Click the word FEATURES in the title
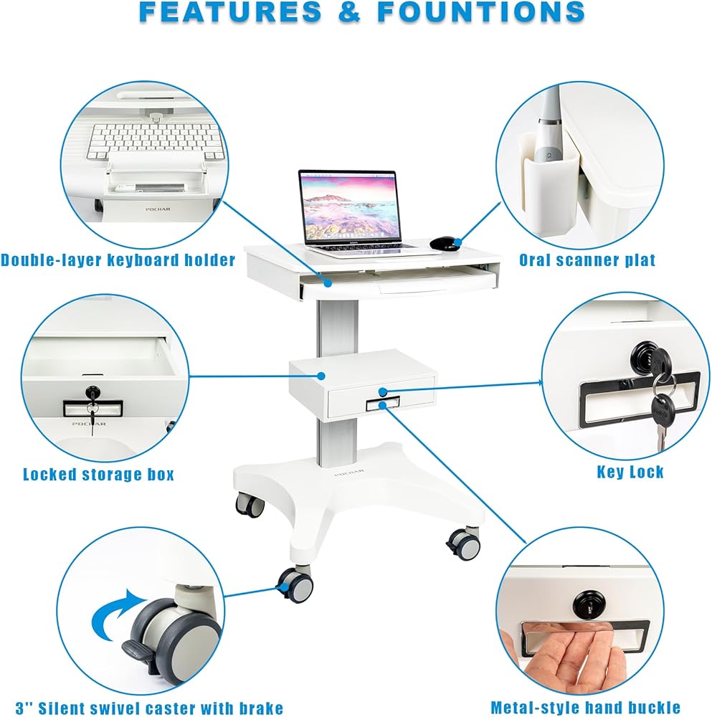230,11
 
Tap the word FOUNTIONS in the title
481,11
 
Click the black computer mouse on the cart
443,243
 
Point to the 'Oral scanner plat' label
587,260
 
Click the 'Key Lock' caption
630,472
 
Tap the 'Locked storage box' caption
99,474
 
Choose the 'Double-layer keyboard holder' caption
118,260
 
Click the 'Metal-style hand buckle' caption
585,707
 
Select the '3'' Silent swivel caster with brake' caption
149,708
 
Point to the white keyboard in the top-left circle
156,141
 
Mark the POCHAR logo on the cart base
349,472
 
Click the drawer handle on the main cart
383,403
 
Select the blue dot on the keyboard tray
328,283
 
